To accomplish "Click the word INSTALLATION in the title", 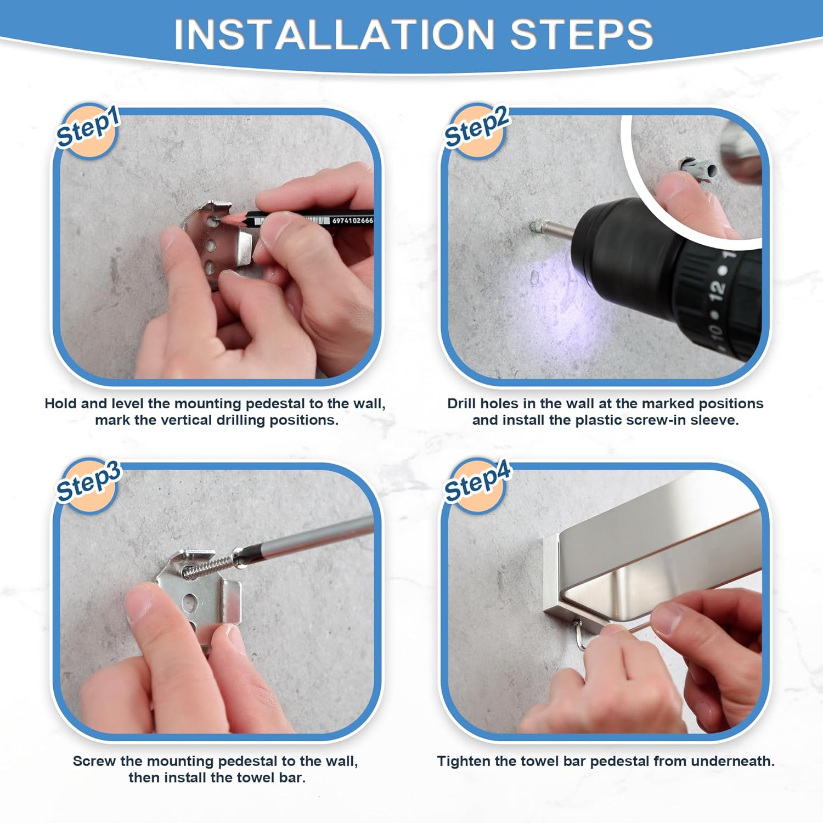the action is point(334,34).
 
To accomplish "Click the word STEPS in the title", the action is point(582,34).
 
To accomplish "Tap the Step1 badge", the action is point(88,131).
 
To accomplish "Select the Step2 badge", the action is point(477,131).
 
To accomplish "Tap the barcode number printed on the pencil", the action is point(352,221).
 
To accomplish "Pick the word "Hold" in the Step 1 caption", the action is point(61,404).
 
